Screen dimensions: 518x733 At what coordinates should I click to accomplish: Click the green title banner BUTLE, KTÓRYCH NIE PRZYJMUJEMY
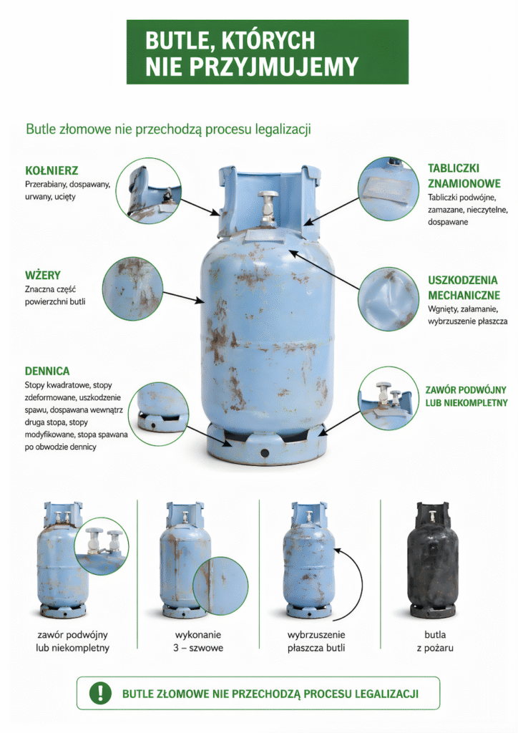267,52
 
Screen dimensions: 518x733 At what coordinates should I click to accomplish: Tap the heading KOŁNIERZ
52,170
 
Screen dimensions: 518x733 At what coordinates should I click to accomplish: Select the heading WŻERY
42,275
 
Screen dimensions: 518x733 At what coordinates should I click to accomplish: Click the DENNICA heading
47,372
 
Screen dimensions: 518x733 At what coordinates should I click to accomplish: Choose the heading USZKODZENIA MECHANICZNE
464,288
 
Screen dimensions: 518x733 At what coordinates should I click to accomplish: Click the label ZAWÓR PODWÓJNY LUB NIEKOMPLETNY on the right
466,396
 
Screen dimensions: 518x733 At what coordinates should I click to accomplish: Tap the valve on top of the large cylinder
268,208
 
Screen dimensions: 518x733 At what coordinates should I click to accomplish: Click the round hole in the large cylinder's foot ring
265,452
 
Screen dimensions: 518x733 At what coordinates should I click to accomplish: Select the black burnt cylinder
433,560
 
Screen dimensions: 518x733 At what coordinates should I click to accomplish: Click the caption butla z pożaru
435,641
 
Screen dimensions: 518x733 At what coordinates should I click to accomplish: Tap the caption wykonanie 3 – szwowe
198,641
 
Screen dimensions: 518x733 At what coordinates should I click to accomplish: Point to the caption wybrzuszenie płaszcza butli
316,641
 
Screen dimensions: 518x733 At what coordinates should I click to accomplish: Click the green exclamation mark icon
100,692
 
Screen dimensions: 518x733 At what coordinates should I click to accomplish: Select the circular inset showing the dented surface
388,299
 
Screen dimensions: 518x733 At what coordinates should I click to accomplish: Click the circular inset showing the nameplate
388,188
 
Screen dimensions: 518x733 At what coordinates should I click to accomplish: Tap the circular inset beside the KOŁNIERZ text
149,190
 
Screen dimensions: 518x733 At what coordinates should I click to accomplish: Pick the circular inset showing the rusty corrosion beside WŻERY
132,288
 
